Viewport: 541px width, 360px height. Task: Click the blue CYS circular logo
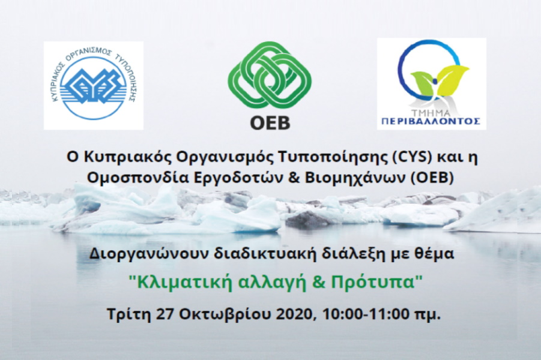click(94, 86)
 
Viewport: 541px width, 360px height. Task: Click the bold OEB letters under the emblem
click(270, 124)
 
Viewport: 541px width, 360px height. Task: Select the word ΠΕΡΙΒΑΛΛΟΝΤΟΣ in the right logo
click(431, 121)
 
